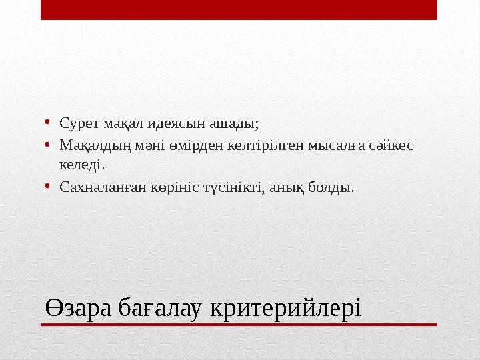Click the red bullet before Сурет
[x=49, y=123]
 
